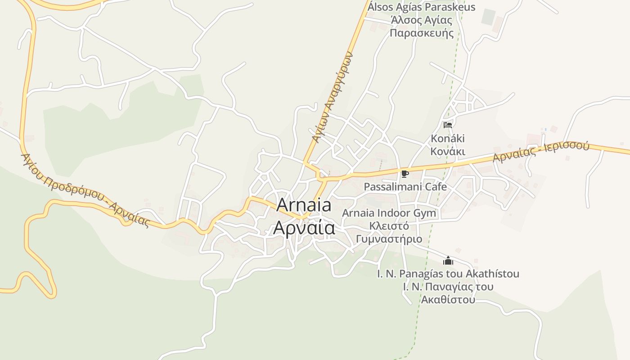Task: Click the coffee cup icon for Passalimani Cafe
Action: click(405, 174)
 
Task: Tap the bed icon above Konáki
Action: click(447, 125)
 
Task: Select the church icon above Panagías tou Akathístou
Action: click(448, 261)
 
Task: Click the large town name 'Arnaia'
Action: click(304, 205)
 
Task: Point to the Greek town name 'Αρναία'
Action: click(304, 228)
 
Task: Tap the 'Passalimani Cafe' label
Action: click(405, 186)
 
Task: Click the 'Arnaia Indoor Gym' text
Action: click(389, 213)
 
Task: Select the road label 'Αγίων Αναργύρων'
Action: click(333, 97)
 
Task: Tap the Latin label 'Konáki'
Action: click(448, 139)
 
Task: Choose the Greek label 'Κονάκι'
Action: click(448, 152)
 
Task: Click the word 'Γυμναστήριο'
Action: click(389, 239)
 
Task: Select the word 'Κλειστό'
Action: click(389, 226)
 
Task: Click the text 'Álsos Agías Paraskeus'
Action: click(422, 7)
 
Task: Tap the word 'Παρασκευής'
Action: click(422, 33)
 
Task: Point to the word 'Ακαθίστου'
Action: click(448, 300)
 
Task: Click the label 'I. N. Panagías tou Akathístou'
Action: click(448, 274)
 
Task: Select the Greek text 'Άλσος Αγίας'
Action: click(422, 20)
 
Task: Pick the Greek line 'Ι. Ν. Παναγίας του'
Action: click(448, 287)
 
